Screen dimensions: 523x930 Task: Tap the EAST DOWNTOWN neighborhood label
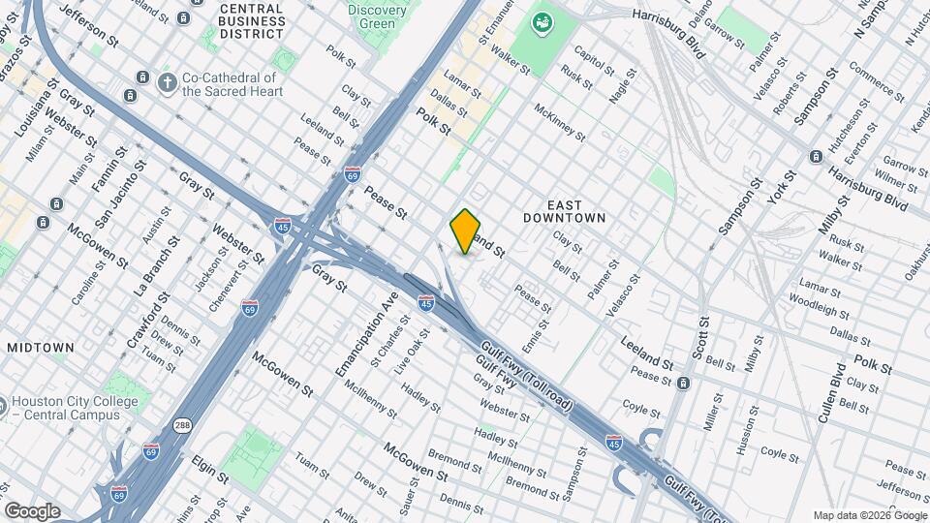pyautogui.click(x=564, y=211)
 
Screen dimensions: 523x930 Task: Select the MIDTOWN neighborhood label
pyautogui.click(x=41, y=347)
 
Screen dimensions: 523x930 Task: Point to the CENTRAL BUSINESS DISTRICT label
pyautogui.click(x=251, y=20)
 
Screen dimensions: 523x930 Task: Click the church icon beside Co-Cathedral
pyautogui.click(x=167, y=83)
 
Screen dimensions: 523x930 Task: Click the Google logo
pyautogui.click(x=32, y=510)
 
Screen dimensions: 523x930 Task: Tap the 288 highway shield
pyautogui.click(x=182, y=425)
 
